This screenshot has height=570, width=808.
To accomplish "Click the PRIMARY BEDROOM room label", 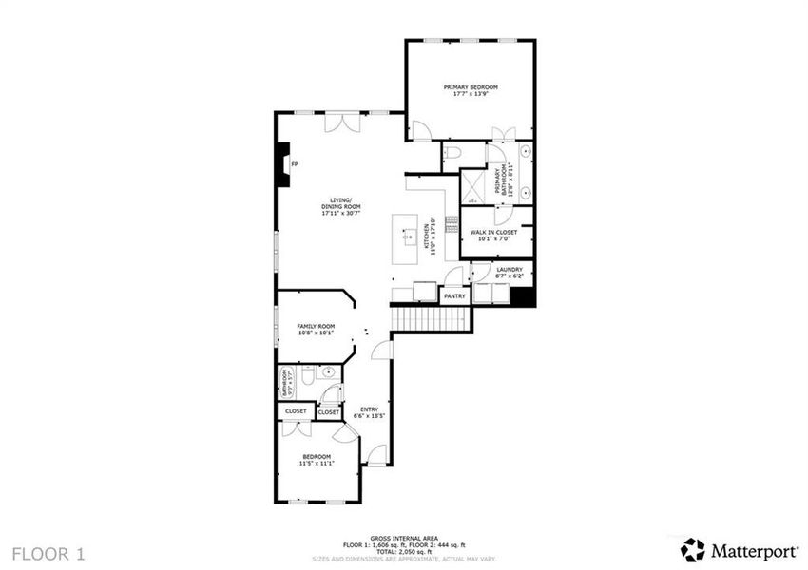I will pos(471,86).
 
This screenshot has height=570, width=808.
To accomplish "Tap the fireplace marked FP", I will pos(282,164).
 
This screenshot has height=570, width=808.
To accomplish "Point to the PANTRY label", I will pos(454,295).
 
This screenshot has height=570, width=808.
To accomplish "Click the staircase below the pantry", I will pos(432,318).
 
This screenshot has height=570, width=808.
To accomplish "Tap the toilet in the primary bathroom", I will pos(453,152).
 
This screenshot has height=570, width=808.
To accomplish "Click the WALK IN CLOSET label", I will pos(493,232).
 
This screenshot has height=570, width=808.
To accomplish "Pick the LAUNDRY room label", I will pos(510,270).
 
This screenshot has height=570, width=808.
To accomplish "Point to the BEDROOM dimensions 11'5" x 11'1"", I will pos(317,463).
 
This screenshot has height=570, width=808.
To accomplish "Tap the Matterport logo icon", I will pos(693,549).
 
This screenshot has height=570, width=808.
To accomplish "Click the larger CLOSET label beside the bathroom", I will pos(295,411).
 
